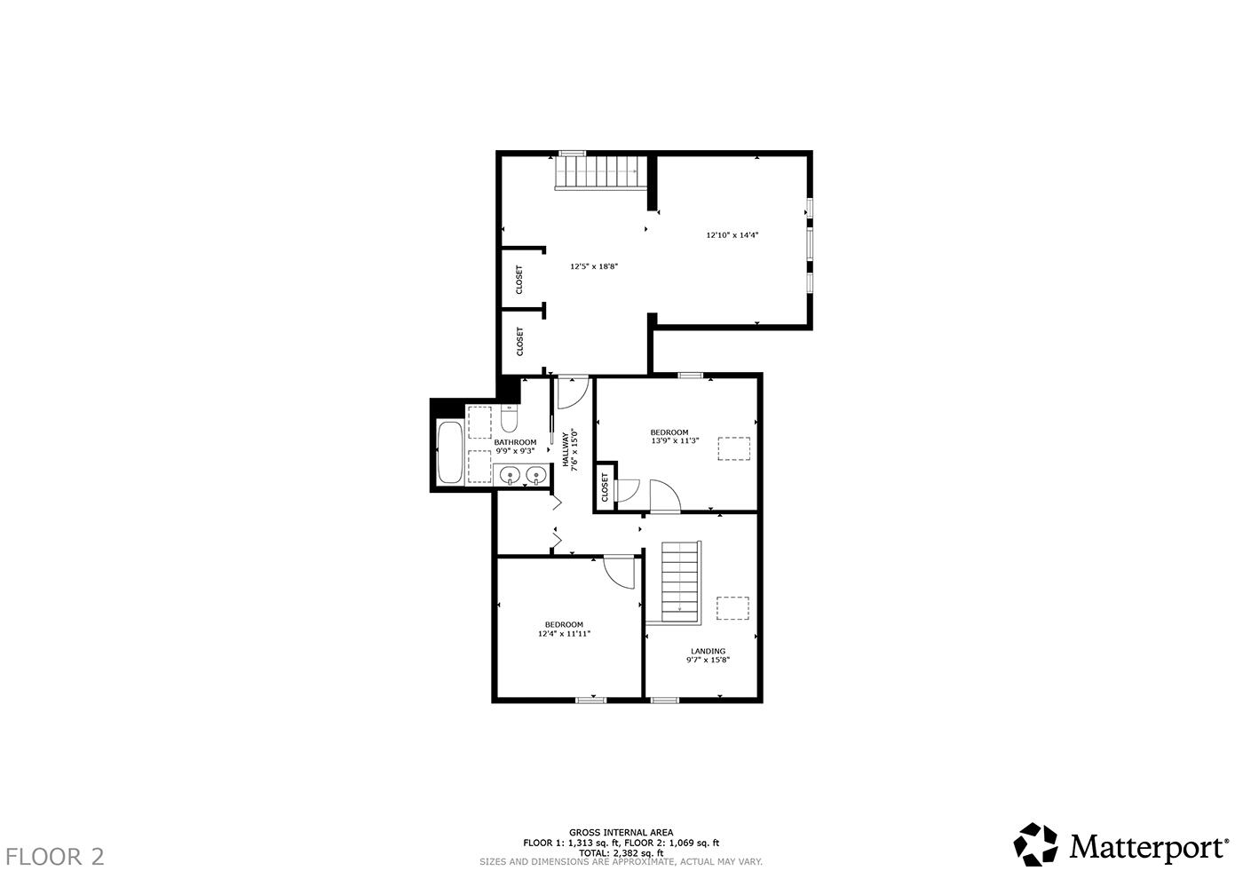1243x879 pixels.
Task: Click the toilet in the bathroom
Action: (509, 418)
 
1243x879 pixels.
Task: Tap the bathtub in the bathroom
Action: (449, 453)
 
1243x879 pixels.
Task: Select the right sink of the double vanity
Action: (534, 477)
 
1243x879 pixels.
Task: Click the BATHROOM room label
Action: (515, 442)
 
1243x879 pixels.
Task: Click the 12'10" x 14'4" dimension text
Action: (732, 235)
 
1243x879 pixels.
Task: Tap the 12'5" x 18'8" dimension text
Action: (593, 265)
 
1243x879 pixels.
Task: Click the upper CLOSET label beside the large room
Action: (519, 280)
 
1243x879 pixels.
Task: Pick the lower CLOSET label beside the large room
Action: (519, 341)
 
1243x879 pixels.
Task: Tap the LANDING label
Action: (708, 651)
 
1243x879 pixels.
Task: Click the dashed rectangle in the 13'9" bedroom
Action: (734, 448)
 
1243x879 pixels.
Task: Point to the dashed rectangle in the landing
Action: (732, 608)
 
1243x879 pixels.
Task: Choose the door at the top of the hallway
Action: (572, 392)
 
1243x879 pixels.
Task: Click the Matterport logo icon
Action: (1037, 844)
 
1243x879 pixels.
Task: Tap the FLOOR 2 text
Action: (55, 857)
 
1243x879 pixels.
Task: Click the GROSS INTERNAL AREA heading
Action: (621, 832)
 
